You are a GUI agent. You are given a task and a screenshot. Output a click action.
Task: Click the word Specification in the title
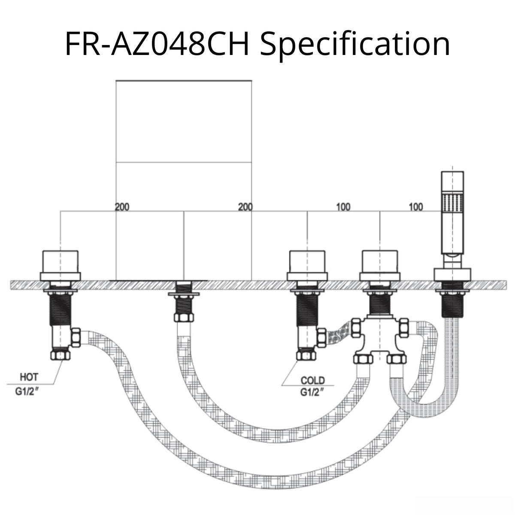355,44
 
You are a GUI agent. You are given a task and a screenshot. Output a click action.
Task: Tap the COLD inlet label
312,380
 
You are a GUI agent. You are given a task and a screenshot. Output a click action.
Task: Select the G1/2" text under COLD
312,391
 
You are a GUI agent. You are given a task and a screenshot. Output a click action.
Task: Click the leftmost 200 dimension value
122,207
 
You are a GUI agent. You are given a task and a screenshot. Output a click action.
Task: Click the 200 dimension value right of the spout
245,207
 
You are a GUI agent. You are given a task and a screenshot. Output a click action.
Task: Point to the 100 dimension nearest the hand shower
415,207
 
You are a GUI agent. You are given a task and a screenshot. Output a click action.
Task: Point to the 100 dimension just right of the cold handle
343,207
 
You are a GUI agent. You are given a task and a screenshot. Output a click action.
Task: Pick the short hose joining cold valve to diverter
339,333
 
